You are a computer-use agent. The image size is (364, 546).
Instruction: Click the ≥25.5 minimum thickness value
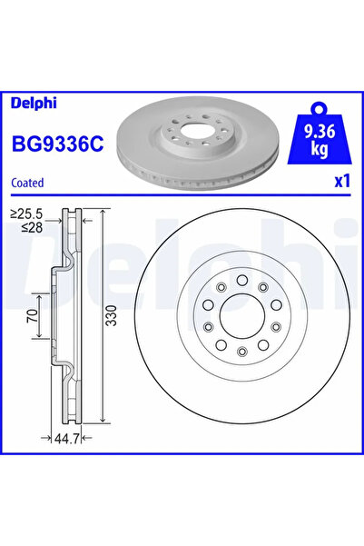tap(28, 215)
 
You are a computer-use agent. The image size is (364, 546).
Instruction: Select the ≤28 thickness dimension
tap(28, 230)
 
